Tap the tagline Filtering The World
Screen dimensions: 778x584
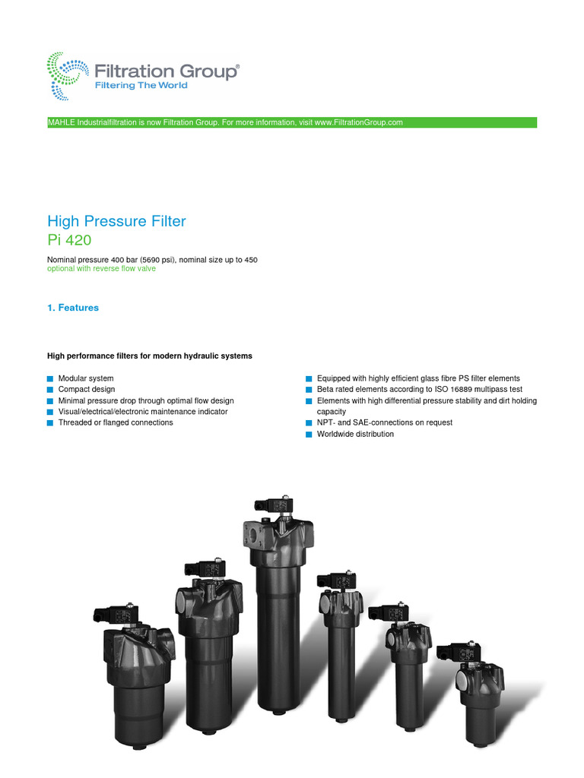click(x=140, y=85)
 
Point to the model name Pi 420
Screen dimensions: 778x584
click(x=68, y=241)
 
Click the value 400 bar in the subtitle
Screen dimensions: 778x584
click(x=127, y=260)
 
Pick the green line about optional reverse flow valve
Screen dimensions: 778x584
click(x=101, y=269)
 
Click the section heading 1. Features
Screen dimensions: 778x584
click(x=73, y=308)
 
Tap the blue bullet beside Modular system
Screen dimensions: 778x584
click(x=50, y=378)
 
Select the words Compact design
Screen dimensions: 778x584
click(x=87, y=389)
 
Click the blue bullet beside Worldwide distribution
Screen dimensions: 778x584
click(x=309, y=435)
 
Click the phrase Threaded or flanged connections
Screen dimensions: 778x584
click(x=116, y=422)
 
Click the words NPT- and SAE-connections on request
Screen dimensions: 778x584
click(x=385, y=422)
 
